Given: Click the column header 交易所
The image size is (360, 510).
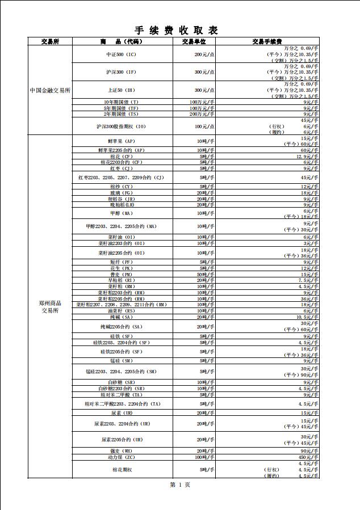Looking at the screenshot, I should click(x=50, y=41).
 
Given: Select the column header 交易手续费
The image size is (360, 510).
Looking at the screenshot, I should click(x=267, y=41).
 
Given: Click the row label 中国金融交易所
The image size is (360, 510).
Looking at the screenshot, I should click(x=50, y=90).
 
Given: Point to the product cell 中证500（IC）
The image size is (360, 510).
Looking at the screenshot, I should click(x=122, y=54).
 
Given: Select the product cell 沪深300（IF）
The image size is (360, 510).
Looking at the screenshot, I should click(x=122, y=72).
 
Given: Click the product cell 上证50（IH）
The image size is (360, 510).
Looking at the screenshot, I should click(x=122, y=90).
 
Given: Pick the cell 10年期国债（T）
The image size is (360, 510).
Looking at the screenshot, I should click(x=122, y=102).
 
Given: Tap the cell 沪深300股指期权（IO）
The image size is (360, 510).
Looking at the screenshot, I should click(x=122, y=126).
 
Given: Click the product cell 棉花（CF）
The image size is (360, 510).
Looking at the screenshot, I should click(x=122, y=156).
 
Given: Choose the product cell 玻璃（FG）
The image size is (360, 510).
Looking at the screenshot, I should click(x=122, y=193).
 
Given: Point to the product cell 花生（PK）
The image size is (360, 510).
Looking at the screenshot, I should click(x=122, y=268).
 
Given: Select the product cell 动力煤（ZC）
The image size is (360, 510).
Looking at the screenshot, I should click(x=121, y=457).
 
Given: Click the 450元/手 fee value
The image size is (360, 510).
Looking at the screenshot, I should click(x=307, y=457).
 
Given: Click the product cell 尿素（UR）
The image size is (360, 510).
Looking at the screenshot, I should click(x=122, y=412).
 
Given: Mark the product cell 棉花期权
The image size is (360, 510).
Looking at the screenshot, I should click(x=122, y=470).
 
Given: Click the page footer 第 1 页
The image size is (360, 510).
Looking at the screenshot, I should click(x=180, y=485).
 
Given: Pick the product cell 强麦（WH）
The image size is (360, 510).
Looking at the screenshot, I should click(x=122, y=450).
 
